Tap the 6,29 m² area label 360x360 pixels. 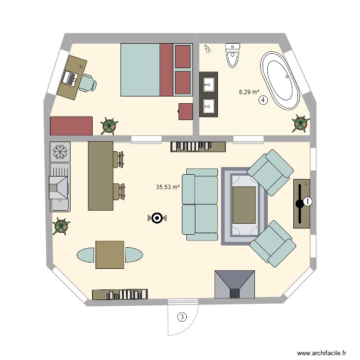(249, 92)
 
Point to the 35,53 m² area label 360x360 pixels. (168, 187)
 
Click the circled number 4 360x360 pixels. (263, 100)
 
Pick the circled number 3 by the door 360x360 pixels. (181, 317)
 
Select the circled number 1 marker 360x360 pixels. (307, 202)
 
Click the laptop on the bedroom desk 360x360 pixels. (70, 78)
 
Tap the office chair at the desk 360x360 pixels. (87, 83)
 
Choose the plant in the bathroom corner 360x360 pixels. (300, 123)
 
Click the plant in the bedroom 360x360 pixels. (109, 126)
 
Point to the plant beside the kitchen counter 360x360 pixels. (61, 227)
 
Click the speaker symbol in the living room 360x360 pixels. (156, 218)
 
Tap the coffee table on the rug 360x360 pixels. (244, 204)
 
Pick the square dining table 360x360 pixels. (110, 255)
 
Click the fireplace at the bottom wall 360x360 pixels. (235, 285)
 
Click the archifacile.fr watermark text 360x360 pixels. (321, 352)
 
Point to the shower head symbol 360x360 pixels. (208, 48)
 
